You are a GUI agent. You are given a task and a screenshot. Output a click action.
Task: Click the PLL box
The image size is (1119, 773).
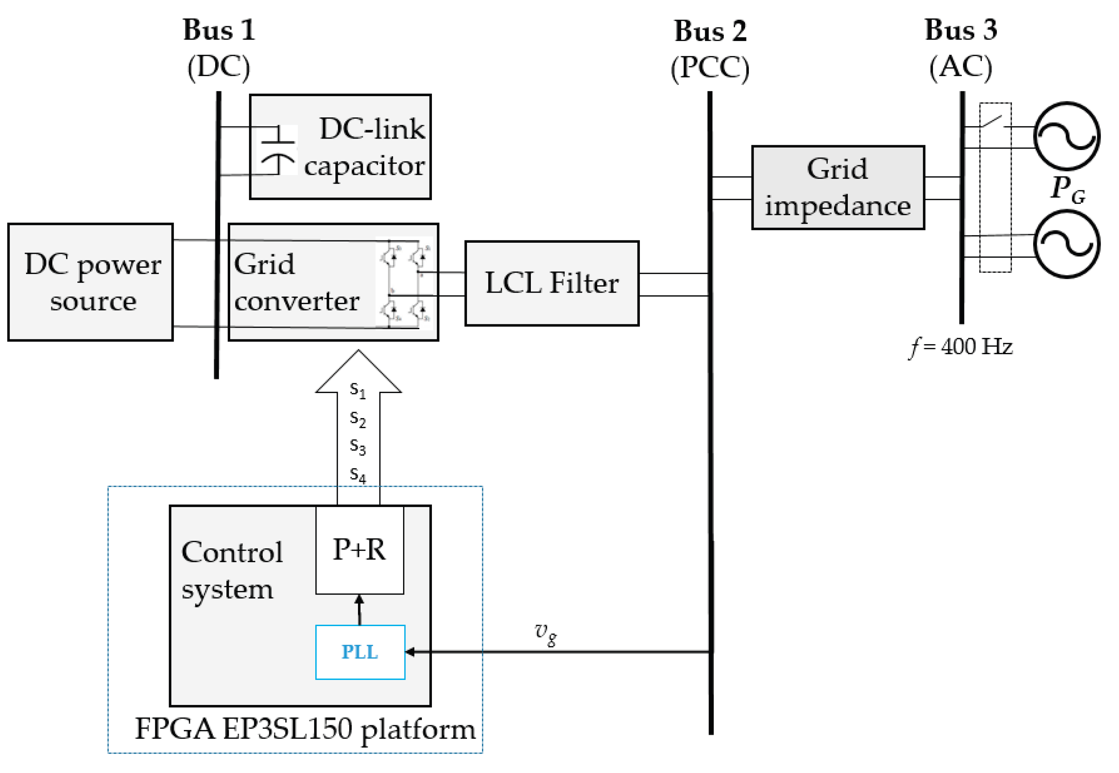click(360, 651)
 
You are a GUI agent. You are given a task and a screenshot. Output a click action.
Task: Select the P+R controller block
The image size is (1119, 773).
click(359, 550)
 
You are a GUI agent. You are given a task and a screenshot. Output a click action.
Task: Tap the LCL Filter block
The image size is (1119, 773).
click(551, 283)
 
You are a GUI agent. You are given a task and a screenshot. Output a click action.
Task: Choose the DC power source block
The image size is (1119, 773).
click(91, 282)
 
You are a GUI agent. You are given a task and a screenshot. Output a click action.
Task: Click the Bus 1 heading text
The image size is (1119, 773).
click(219, 30)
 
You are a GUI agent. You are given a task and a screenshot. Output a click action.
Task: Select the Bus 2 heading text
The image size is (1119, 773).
click(710, 32)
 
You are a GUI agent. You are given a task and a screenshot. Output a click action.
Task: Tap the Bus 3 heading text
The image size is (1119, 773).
click(961, 30)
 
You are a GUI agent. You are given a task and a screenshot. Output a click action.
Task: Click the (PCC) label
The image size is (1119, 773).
click(710, 68)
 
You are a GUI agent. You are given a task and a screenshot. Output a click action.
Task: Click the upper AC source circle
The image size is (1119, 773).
click(1067, 136)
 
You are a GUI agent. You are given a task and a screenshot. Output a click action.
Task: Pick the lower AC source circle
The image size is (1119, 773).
click(1067, 244)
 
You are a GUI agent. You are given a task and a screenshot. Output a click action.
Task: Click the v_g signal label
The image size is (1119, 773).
click(546, 633)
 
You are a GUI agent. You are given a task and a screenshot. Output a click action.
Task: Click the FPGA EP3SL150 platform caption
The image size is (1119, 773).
click(305, 729)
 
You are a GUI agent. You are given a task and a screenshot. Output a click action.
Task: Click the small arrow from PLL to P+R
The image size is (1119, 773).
click(359, 609)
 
